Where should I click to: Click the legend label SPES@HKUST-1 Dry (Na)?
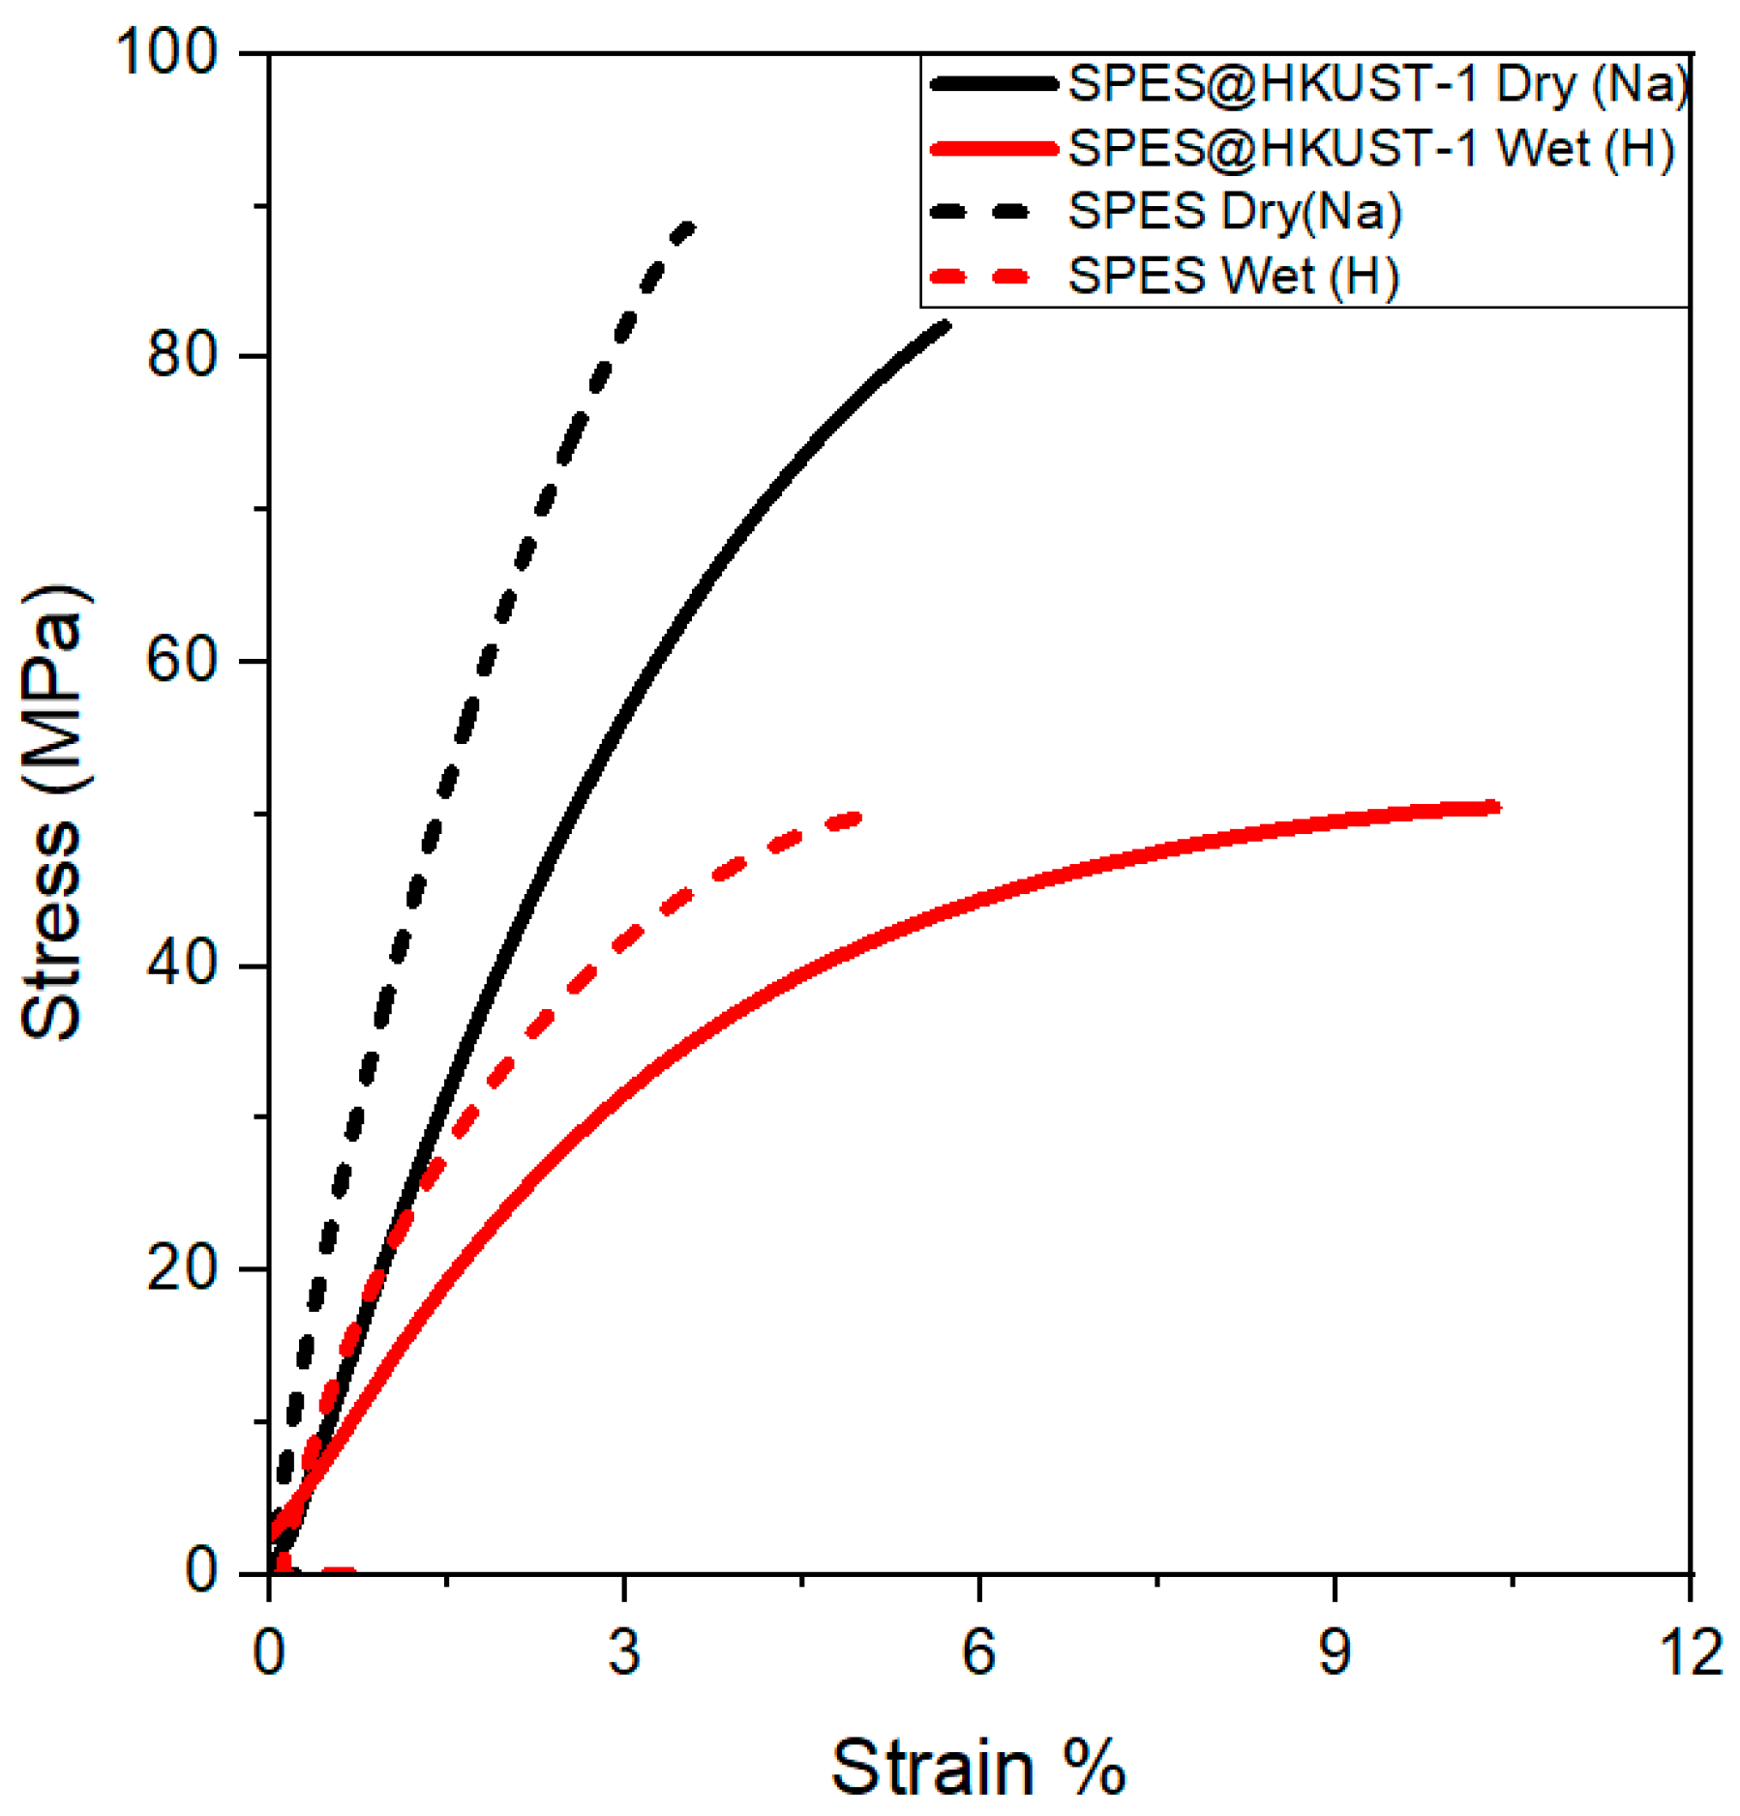tap(1378, 84)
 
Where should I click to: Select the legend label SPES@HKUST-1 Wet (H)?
tap(1370, 148)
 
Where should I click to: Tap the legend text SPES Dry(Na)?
tap(1234, 212)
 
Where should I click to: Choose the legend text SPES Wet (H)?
tap(1233, 277)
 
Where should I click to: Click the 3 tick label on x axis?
tap(624, 1652)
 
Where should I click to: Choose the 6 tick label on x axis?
tap(979, 1652)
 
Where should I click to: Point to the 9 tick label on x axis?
tap(1335, 1652)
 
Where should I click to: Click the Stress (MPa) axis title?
tap(53, 813)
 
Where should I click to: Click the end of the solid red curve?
tap(1495, 806)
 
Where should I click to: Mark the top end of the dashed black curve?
tap(689, 227)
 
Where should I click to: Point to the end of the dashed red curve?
tap(855, 819)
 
